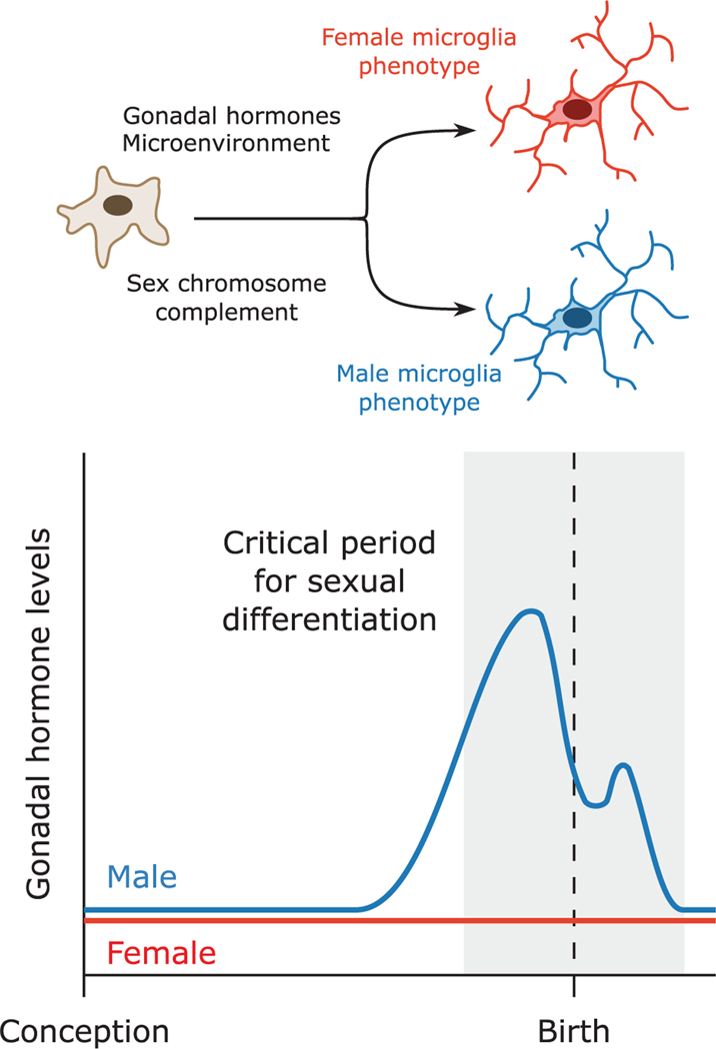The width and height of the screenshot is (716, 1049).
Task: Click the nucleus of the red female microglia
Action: click(x=577, y=109)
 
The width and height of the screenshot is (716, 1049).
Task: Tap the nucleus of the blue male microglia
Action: click(x=577, y=318)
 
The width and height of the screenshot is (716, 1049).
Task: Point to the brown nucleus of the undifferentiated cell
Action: click(x=119, y=206)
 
